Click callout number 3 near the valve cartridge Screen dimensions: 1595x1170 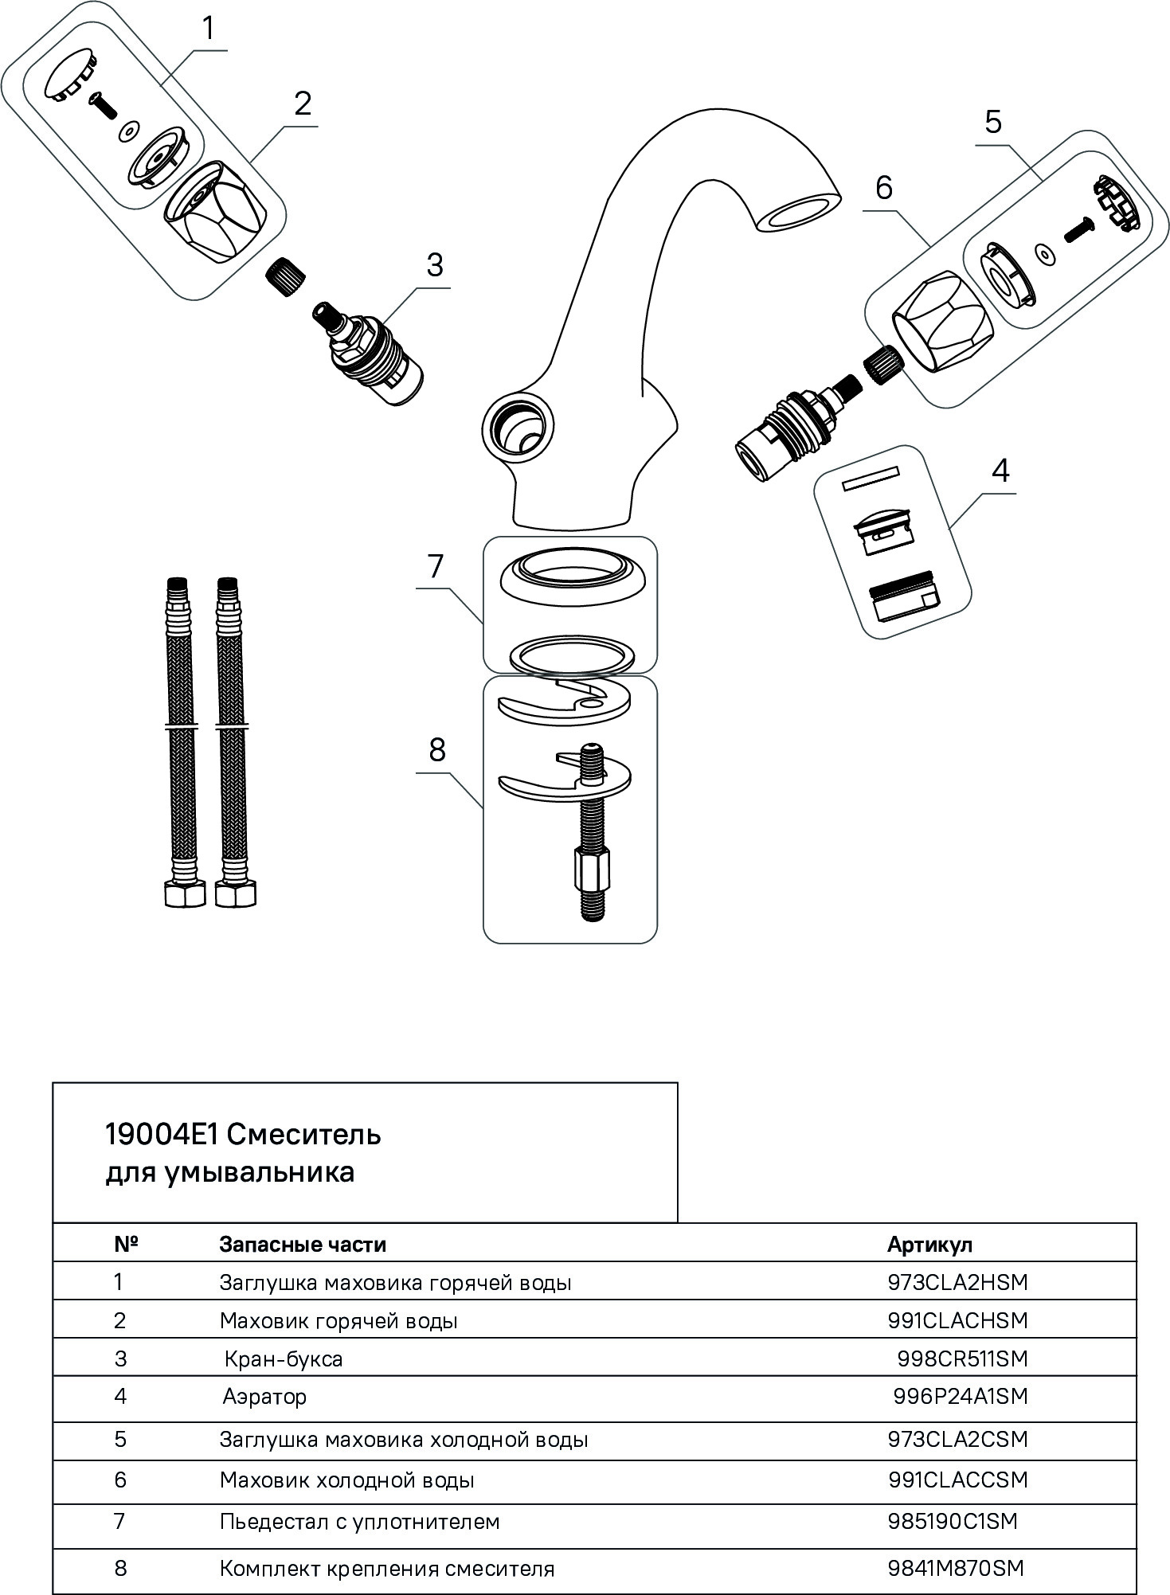[434, 265]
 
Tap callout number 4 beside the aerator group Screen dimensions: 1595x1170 [1000, 471]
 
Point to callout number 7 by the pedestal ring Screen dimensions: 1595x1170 [435, 566]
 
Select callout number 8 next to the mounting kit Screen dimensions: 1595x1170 [437, 749]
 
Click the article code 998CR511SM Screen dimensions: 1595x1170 [962, 1358]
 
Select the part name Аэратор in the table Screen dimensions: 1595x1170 [264, 1396]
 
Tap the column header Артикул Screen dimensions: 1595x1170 [929, 1244]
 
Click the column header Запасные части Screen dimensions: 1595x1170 [303, 1244]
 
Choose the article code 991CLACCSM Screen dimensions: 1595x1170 [958, 1480]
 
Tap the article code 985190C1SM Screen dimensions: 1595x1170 [953, 1521]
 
